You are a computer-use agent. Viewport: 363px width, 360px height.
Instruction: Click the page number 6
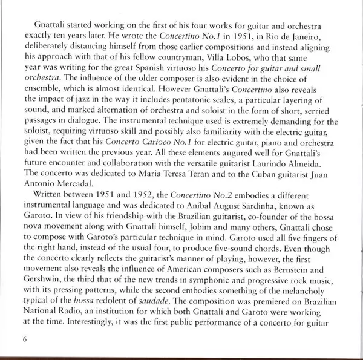24,338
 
